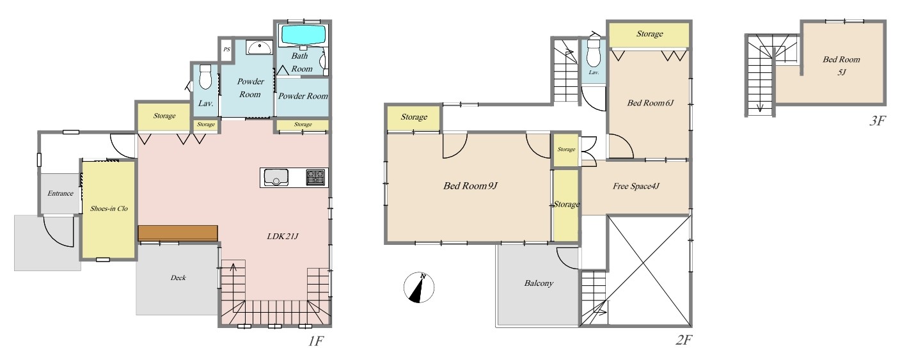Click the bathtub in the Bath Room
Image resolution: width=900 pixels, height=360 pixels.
pos(303,35)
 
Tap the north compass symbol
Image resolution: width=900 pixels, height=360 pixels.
pos(419,287)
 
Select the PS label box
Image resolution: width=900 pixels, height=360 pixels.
pos(226,50)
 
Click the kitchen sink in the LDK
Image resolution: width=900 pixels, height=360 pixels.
pos(276,177)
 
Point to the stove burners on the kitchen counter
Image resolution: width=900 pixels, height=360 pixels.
pos(315,177)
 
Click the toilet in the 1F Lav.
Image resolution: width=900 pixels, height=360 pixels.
pos(205,77)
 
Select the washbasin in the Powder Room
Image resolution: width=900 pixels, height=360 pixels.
pos(259,47)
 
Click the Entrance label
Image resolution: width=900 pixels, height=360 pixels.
pos(60,193)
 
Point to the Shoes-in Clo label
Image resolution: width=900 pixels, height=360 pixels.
pos(109,208)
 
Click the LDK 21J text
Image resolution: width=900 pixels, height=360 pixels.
pos(283,236)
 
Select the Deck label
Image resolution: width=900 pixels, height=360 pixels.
pos(178,278)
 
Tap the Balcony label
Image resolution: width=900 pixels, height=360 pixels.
pos(539,283)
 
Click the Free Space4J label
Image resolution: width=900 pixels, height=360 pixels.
pos(636,186)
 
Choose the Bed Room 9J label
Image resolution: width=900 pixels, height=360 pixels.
pos(471,185)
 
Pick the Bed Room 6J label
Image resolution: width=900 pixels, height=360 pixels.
pos(651,103)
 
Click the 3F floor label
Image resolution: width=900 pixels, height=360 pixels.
pos(877,121)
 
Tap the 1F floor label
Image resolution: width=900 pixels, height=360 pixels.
pos(316,341)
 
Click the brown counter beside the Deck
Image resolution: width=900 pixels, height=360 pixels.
pos(178,233)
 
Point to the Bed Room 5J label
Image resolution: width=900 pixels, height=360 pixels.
pos(841,66)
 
